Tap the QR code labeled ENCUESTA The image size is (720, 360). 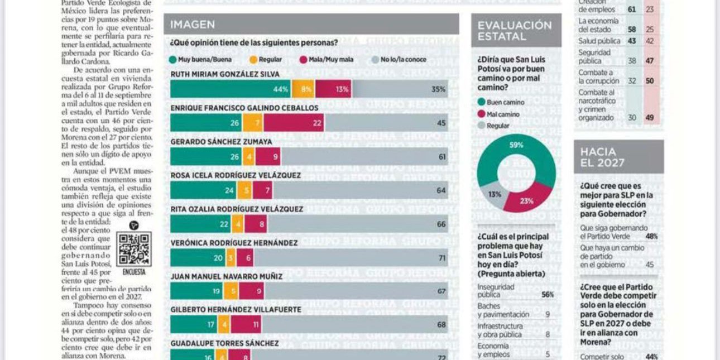pos(134,249)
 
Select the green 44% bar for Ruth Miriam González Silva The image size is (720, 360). pos(231,89)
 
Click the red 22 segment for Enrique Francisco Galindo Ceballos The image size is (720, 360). pos(294,123)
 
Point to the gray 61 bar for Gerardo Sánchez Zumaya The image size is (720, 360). pos(364,157)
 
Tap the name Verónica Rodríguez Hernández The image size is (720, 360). pos(234,243)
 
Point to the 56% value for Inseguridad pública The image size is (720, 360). pos(548,295)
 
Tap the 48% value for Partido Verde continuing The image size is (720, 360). pos(650,237)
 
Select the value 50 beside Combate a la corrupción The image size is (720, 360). pos(650,81)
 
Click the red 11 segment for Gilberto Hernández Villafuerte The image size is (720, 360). pos(246,324)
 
